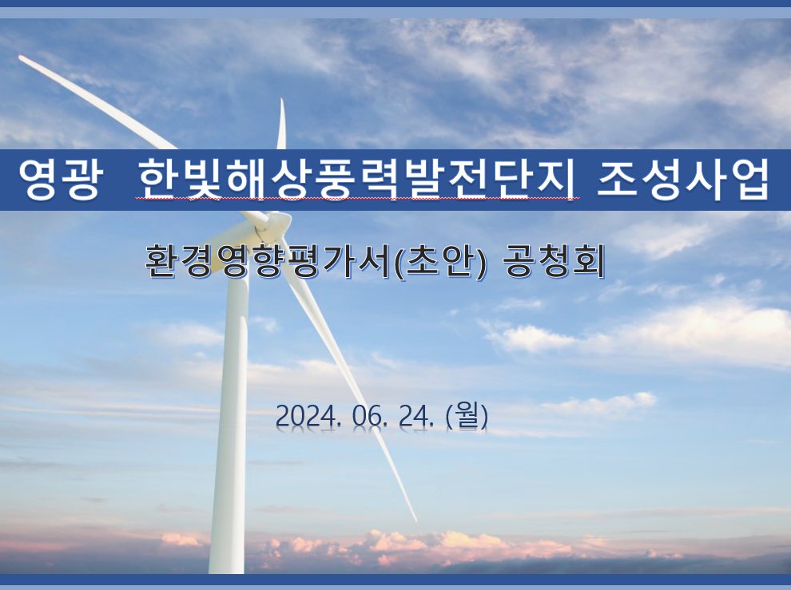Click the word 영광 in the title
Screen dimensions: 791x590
tap(61, 180)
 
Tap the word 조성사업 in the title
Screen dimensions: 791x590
tap(684, 180)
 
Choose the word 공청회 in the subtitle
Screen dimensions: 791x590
tap(554, 262)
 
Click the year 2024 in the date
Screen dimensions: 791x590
tap(308, 417)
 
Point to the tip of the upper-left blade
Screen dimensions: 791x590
tap(20, 57)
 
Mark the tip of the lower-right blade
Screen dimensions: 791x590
tap(415, 520)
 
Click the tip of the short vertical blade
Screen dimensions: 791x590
tap(281, 100)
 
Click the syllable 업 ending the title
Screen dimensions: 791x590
tap(749, 180)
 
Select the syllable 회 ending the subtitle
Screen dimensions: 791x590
tap(589, 262)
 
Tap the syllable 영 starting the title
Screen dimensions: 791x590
tap(39, 180)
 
